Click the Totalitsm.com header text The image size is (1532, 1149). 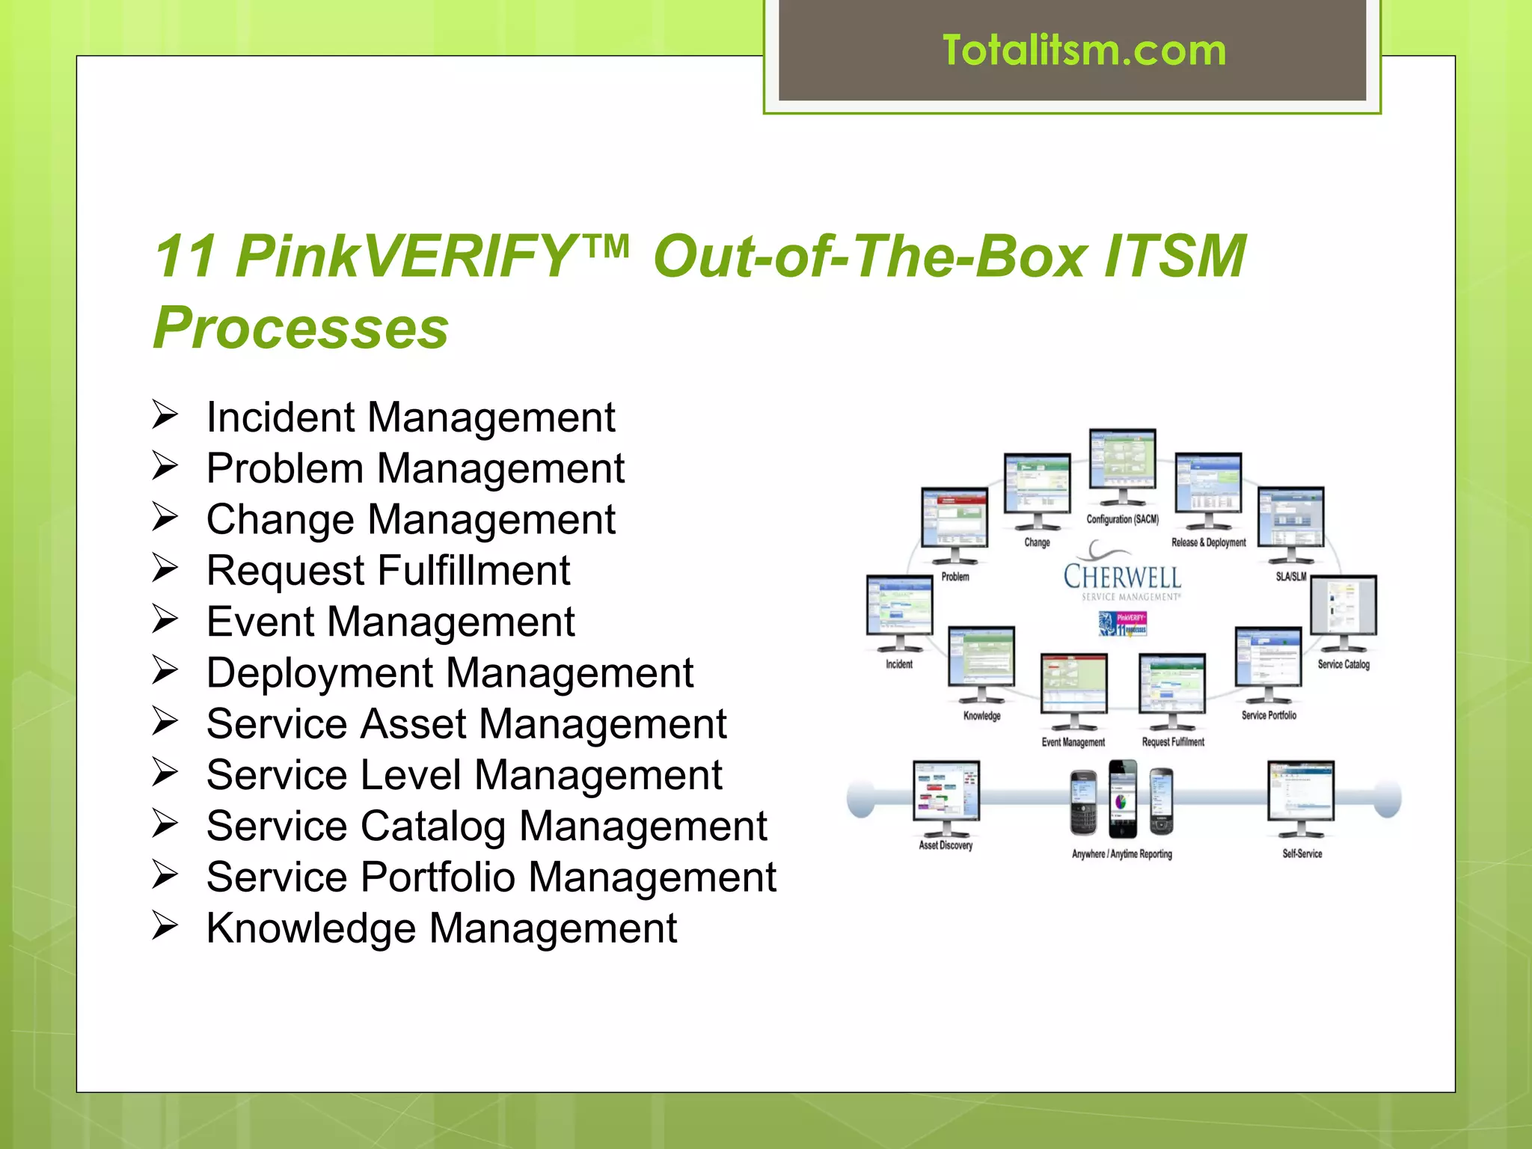pos(1084,51)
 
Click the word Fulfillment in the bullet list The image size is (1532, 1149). pos(474,571)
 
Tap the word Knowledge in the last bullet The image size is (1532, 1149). pos(310,928)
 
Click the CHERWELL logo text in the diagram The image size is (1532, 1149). pos(1122,577)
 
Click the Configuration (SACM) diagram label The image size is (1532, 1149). pos(1122,519)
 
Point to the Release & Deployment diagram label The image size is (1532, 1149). pos(1208,542)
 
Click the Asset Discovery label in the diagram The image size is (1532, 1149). pos(946,845)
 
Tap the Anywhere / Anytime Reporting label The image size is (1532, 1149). pos(1121,854)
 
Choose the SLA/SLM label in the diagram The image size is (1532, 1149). pos(1290,576)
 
